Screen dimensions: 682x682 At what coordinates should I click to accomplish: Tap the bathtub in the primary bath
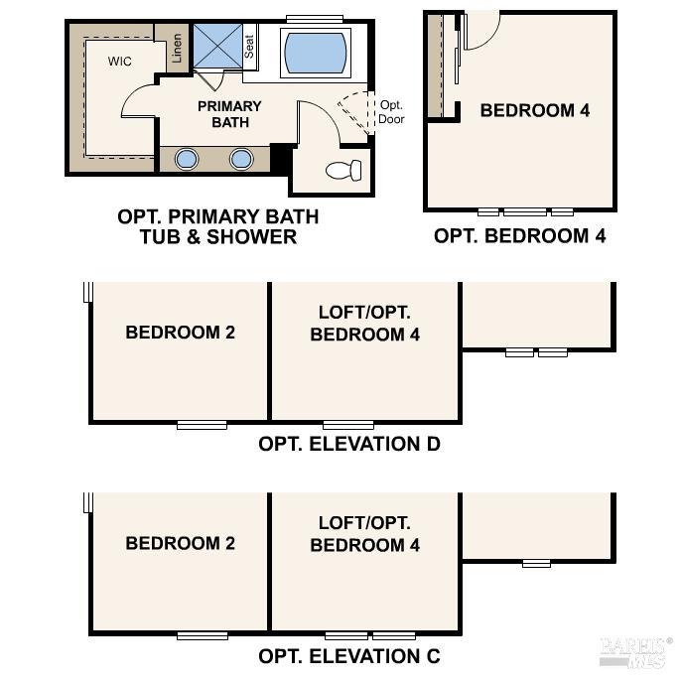317,52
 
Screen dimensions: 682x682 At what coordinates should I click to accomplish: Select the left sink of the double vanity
187,159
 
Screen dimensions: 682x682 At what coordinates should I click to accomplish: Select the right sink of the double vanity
241,159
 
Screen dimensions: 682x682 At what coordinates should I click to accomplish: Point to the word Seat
250,47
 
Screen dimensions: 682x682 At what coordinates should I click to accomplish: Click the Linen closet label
177,48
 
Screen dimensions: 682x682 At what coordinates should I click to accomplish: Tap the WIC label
121,61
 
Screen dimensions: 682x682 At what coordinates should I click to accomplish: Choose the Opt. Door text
391,112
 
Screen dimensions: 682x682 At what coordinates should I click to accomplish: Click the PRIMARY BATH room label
229,114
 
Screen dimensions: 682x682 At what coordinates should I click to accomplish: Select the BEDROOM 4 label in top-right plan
534,110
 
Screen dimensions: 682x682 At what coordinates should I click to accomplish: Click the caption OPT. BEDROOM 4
519,236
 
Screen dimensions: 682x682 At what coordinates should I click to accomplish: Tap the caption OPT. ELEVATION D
349,444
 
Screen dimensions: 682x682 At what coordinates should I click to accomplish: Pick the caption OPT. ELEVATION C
349,656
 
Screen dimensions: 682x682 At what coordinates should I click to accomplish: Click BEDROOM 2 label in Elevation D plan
180,333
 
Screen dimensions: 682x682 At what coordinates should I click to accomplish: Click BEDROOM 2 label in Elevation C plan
180,543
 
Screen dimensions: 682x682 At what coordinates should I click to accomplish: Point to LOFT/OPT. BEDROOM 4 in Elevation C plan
364,534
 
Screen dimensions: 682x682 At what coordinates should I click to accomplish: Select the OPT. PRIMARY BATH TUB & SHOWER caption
218,226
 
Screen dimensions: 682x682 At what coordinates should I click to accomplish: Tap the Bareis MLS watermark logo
635,649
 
